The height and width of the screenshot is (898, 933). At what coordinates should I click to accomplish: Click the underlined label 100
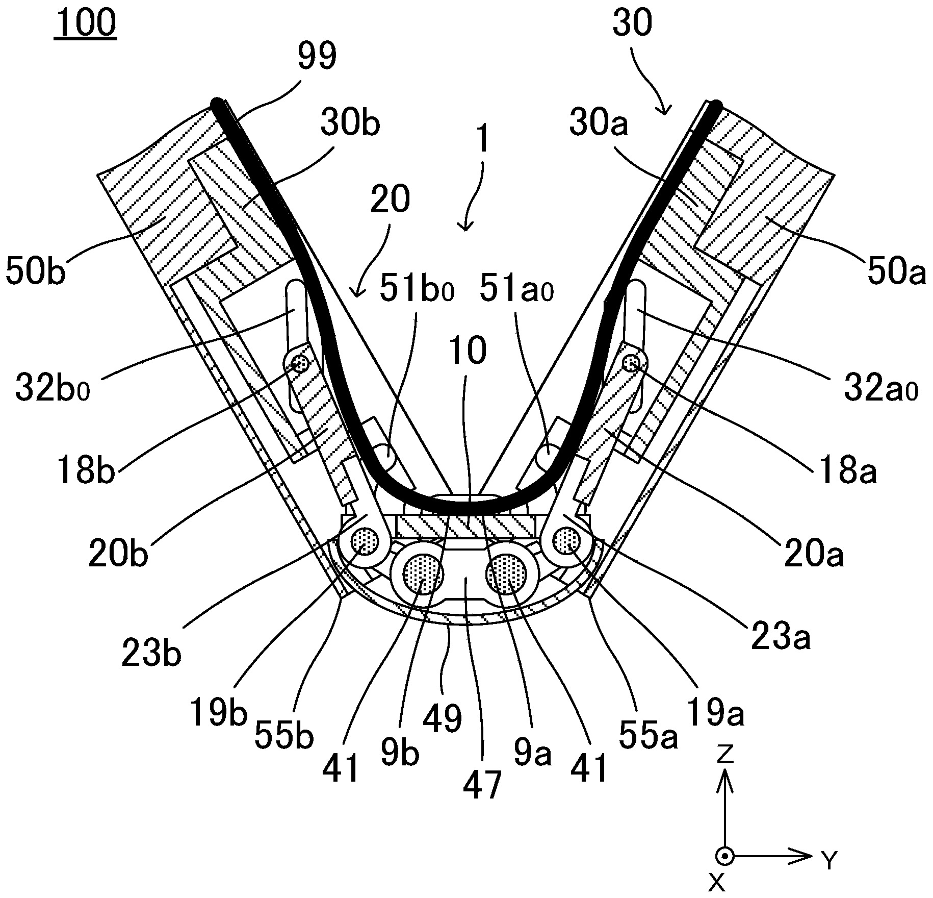[86, 23]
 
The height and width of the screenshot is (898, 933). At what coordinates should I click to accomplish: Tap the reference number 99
[317, 56]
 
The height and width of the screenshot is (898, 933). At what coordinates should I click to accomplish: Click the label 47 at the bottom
[482, 784]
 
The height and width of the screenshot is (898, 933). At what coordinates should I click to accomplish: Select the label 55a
[649, 735]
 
